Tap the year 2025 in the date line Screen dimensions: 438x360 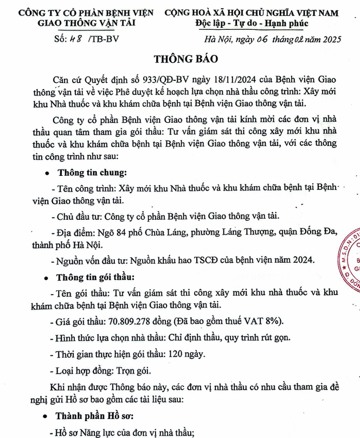pos(327,39)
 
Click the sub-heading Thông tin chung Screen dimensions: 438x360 pos(91,173)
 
